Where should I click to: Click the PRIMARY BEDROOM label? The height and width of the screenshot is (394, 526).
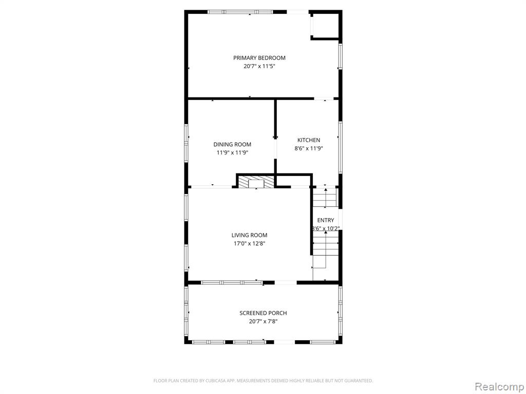tap(259, 58)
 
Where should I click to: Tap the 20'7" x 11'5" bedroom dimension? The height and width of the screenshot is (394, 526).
tap(259, 66)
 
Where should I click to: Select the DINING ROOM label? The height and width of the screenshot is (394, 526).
tap(232, 144)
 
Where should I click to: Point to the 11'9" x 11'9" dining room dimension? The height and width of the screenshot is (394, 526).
tap(232, 153)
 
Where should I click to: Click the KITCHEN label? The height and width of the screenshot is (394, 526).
tap(309, 140)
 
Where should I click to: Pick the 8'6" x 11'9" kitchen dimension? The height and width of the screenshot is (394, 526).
tap(309, 148)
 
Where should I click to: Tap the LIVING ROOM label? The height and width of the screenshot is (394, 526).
tap(249, 235)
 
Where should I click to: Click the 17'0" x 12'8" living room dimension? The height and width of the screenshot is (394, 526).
tap(249, 244)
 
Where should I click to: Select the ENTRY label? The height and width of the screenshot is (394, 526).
tap(325, 220)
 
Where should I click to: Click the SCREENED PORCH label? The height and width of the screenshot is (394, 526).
tap(263, 313)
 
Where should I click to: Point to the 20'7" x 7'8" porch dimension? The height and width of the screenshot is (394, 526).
tap(263, 322)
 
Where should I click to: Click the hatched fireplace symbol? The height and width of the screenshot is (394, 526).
tap(256, 182)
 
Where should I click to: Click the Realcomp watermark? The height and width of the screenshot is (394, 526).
tap(499, 386)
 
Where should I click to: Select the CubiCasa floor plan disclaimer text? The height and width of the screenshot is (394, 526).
tap(263, 381)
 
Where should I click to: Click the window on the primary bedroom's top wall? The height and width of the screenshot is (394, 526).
tap(240, 12)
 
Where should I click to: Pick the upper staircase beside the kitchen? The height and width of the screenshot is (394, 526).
tap(325, 198)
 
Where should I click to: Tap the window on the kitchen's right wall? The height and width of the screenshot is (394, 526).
tap(340, 147)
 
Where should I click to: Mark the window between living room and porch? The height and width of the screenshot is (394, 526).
tap(232, 283)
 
